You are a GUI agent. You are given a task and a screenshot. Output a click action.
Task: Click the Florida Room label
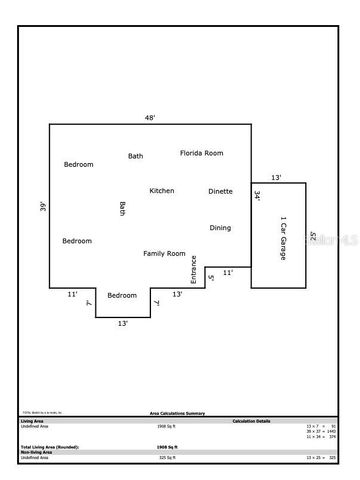pos(201,153)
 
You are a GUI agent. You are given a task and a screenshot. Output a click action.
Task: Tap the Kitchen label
pos(162,190)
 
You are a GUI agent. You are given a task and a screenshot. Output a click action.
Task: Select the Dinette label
pos(220,190)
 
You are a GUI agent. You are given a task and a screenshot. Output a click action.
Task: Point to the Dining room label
pos(220,228)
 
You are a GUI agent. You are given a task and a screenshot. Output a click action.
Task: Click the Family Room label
pos(164,254)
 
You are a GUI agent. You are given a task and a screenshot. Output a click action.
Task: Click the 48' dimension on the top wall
pos(150,118)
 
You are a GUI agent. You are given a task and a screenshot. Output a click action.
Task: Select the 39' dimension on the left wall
pos(43,207)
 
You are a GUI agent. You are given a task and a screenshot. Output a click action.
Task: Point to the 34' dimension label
pos(257,197)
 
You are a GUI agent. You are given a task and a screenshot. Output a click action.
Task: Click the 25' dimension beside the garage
pos(313,237)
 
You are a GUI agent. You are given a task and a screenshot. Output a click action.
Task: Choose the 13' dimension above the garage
pos(276,178)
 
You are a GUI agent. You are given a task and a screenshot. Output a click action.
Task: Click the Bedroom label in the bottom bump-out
pos(122,295)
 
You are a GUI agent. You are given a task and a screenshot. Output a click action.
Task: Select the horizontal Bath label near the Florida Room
pos(135,156)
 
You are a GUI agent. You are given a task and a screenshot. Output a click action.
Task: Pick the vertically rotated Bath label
pos(123,209)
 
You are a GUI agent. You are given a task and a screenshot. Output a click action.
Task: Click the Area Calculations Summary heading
pos(178,412)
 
